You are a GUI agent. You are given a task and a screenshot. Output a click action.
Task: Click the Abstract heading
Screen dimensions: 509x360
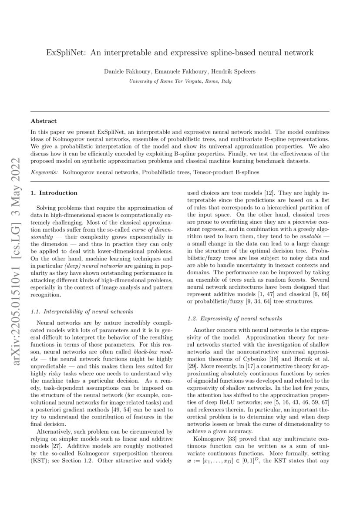pyautogui.click(x=44, y=121)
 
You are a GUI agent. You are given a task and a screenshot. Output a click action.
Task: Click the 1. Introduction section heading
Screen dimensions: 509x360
pyautogui.click(x=54, y=192)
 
